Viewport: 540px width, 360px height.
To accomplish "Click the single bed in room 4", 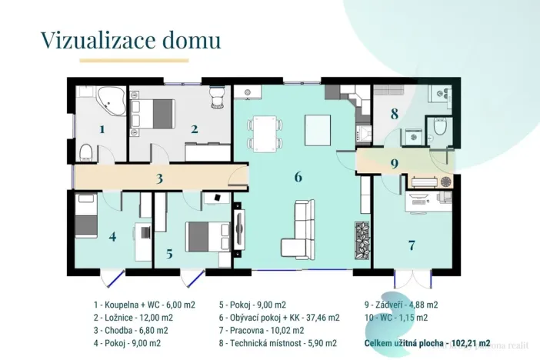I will (x=86, y=216).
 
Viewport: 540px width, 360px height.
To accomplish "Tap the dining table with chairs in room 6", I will (x=265, y=133).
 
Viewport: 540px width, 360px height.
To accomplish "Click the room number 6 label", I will (x=298, y=177).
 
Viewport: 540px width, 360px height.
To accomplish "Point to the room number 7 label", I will (x=412, y=245).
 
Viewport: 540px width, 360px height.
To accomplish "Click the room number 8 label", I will (x=394, y=115).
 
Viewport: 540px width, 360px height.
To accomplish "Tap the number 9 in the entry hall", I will (x=394, y=163).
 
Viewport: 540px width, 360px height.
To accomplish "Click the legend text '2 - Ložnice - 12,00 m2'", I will (x=133, y=317).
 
